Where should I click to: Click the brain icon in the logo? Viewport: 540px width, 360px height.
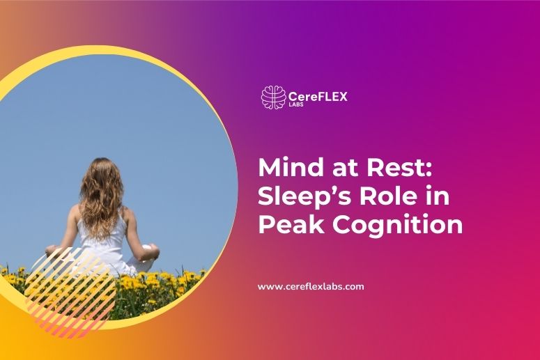(x=273, y=97)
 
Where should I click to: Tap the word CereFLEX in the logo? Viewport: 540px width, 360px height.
(x=318, y=95)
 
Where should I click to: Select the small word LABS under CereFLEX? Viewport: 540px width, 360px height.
(x=298, y=107)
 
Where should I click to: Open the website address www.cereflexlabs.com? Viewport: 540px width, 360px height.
(x=311, y=286)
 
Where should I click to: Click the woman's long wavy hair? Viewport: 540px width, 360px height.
(x=101, y=195)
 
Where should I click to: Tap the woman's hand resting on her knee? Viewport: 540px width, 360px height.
(x=150, y=249)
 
